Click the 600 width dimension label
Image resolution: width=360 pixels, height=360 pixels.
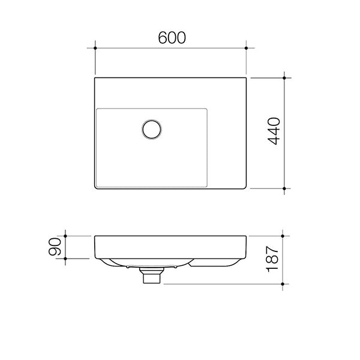171,37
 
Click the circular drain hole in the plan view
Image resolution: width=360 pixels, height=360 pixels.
152,129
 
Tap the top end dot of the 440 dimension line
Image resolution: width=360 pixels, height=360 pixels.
284,77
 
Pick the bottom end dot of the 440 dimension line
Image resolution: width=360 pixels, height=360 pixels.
284,188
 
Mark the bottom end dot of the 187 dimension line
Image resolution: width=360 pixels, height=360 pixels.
284,283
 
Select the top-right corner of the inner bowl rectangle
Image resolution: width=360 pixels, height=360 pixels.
207,109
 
